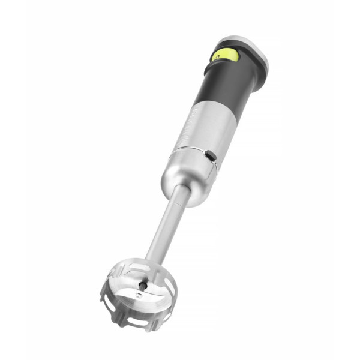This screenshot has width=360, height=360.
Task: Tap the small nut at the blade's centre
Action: [x=139, y=296]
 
